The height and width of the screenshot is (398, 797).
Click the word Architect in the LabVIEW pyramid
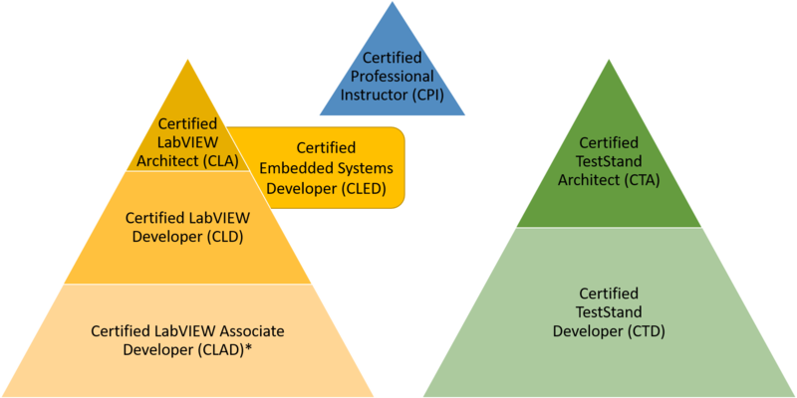169,157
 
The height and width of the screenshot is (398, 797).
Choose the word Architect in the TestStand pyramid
582,179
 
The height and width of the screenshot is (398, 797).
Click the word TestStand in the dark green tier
610,161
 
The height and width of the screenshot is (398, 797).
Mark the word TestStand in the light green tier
610,312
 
